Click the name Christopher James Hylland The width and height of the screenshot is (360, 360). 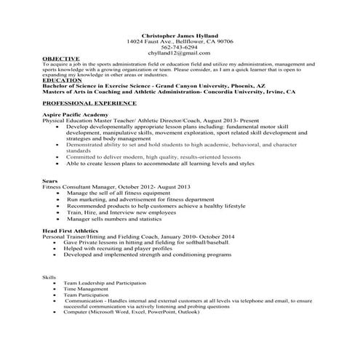pos(180,36)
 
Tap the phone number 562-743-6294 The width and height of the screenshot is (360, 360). pos(180,47)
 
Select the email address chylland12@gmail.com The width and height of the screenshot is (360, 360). pos(180,53)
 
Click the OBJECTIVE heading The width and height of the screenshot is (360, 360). pos(60,59)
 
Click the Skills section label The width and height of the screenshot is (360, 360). pos(49,277)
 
